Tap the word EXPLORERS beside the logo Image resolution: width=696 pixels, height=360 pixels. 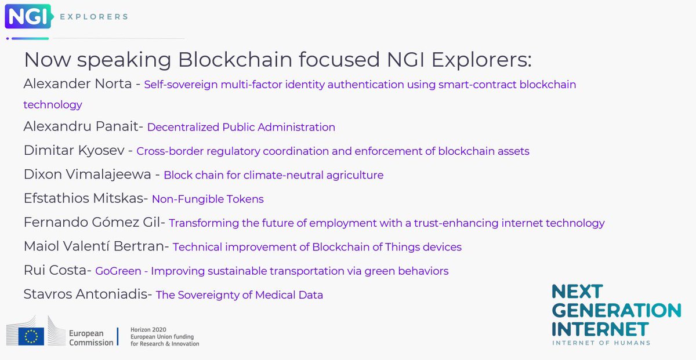93,17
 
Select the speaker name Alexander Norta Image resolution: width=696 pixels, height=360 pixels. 77,84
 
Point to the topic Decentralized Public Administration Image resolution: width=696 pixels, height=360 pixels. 241,127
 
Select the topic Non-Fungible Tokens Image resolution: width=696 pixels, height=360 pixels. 208,199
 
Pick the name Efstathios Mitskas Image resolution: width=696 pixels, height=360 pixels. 84,199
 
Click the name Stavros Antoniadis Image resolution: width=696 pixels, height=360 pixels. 86,294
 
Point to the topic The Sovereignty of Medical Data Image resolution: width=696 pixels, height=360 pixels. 239,295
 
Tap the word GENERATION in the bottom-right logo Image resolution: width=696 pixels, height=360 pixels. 616,310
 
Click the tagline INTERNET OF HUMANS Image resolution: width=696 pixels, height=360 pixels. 601,343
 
